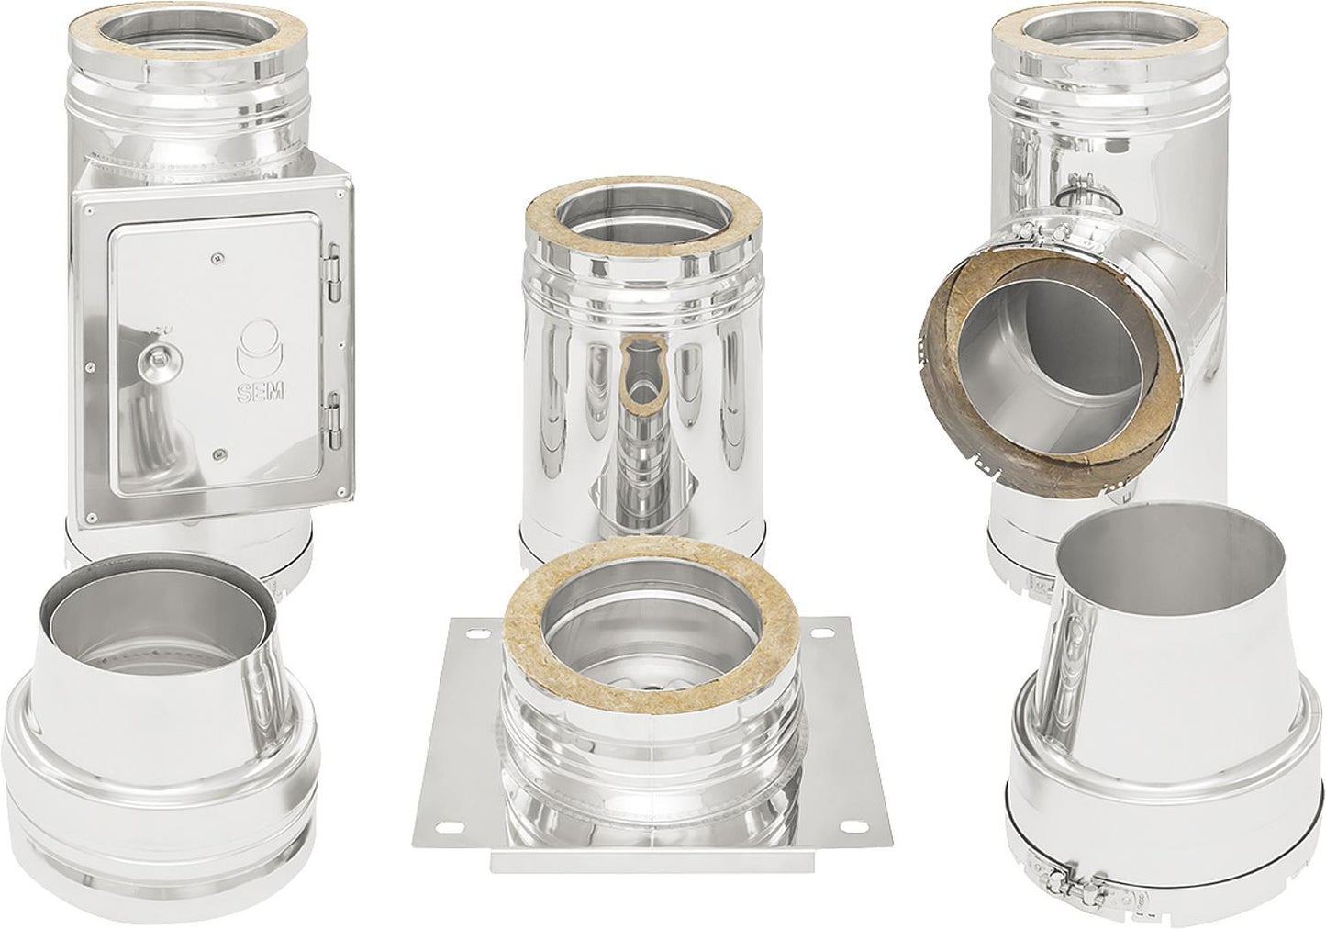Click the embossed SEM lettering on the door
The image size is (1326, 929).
pyautogui.click(x=260, y=390)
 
